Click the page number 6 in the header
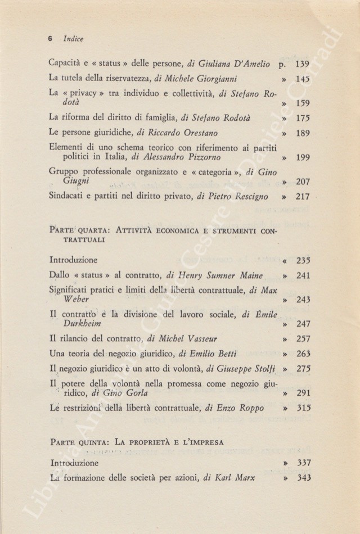[x=49, y=39]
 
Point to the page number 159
[x=302, y=103]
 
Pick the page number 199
[x=302, y=157]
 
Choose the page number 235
[x=302, y=260]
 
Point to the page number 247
[x=302, y=325]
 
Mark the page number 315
[x=302, y=408]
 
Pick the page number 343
[x=302, y=478]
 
